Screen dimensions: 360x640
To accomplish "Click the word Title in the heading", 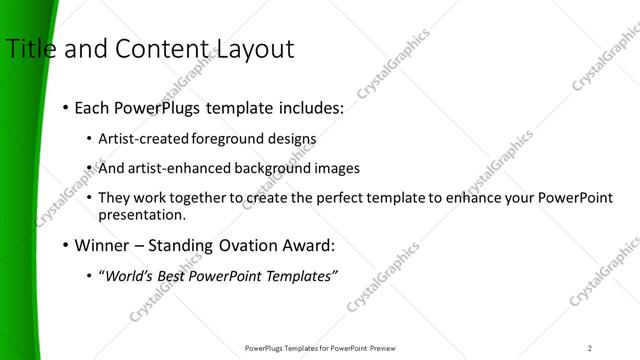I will pos(30,48).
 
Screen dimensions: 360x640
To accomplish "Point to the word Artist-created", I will pos(141,138).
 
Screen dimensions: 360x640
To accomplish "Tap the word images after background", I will pos(336,168).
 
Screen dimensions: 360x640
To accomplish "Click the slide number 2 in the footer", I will pos(590,348).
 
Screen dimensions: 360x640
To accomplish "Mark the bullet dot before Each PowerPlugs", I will pos(66,106).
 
